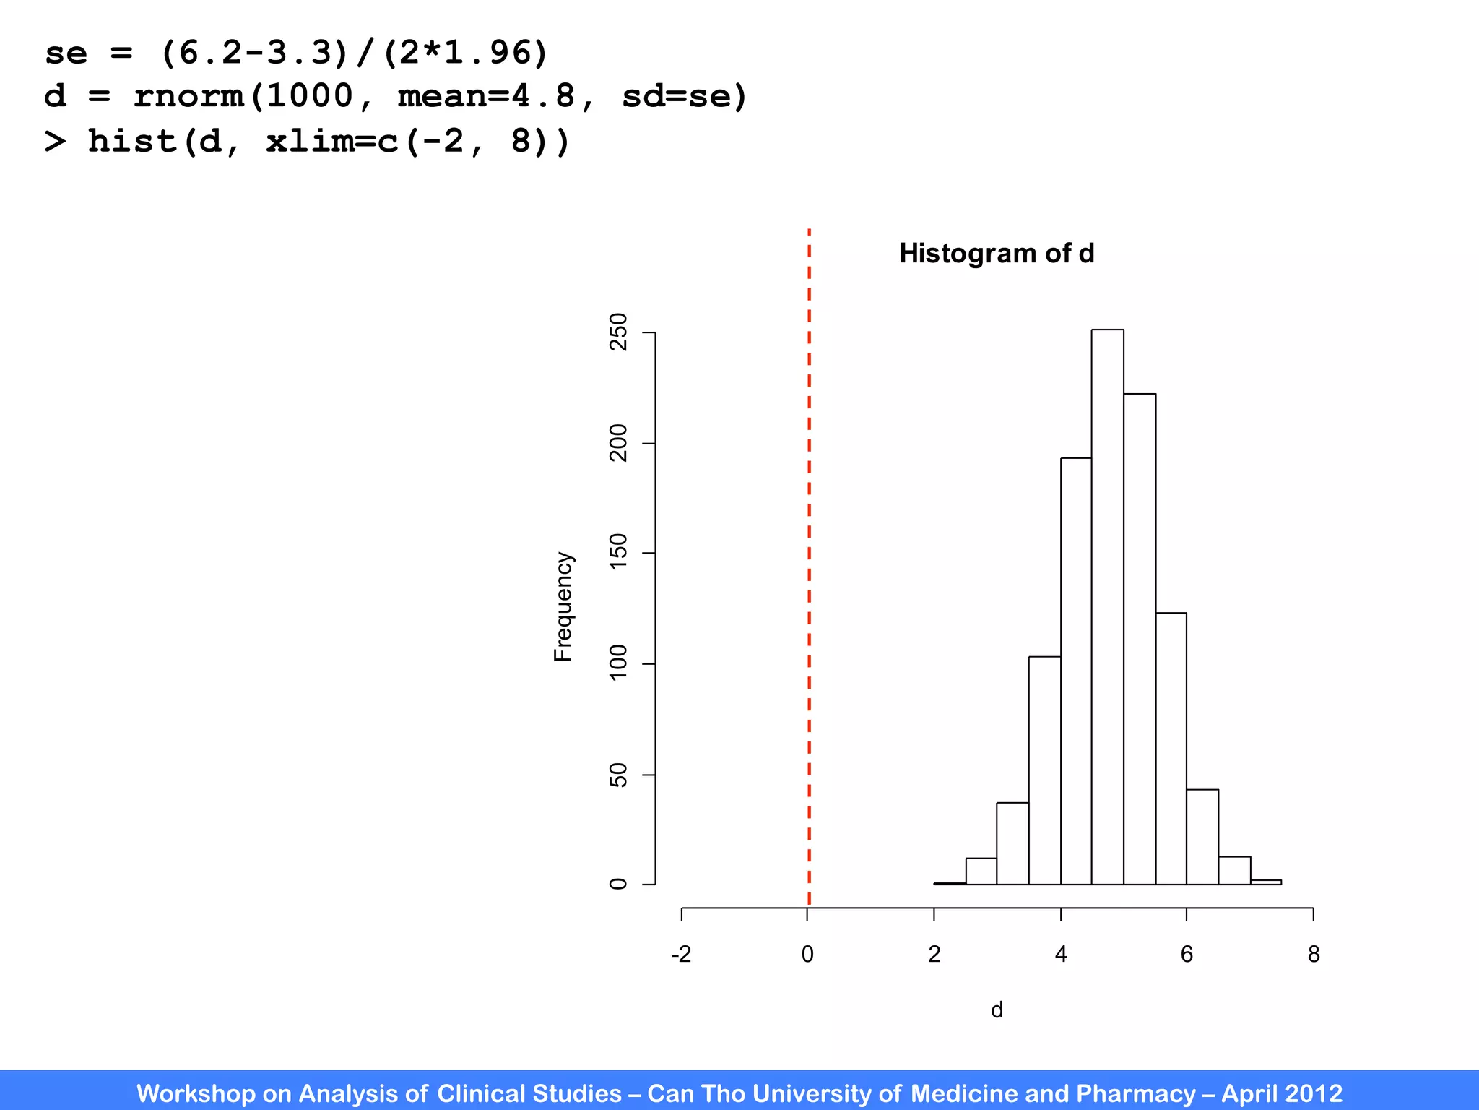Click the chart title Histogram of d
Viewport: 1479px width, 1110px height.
997,254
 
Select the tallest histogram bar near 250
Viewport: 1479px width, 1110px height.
1107,607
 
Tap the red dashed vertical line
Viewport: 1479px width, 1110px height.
809,564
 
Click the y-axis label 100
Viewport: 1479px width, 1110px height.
618,663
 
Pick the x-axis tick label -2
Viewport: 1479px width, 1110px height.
681,955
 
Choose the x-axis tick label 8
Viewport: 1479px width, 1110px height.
1314,955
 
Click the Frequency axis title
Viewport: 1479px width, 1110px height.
563,607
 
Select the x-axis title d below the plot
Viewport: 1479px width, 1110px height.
997,1010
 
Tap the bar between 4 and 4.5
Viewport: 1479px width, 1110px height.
1076,672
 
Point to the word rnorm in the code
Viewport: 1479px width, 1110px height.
189,96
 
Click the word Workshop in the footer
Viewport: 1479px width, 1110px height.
196,1093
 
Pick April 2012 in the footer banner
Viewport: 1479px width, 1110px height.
1282,1093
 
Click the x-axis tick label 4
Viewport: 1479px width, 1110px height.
1061,955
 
